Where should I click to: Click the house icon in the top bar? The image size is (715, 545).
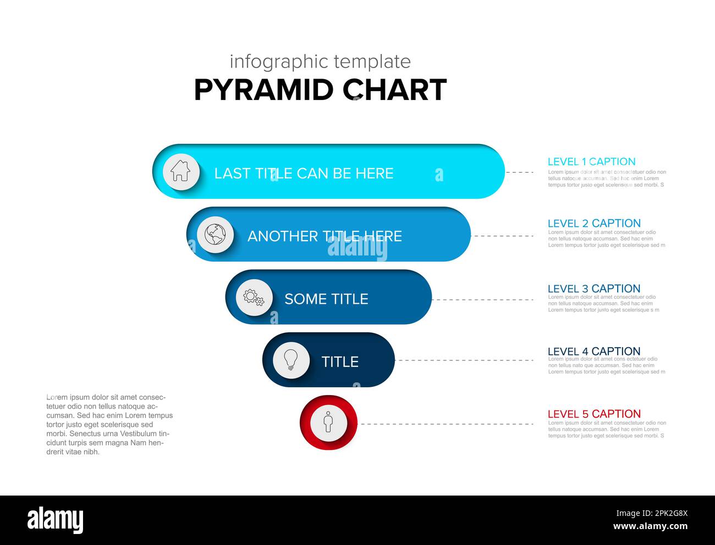(x=180, y=171)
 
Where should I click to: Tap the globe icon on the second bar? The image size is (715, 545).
(x=215, y=235)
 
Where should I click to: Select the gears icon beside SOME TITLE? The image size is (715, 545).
(x=254, y=298)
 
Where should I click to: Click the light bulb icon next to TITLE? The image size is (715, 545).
(x=291, y=360)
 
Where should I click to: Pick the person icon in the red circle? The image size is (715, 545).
(x=328, y=423)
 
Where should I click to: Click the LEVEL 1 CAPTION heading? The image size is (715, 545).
(x=591, y=162)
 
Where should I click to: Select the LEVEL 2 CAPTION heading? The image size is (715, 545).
(x=594, y=223)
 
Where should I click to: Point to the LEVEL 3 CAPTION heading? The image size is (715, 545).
(x=594, y=288)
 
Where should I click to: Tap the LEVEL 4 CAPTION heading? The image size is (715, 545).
(x=594, y=351)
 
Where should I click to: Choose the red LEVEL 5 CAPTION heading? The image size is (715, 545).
(x=594, y=414)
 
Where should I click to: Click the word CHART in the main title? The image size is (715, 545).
(x=394, y=90)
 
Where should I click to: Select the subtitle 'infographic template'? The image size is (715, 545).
(x=320, y=62)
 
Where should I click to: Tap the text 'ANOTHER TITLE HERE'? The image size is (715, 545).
(x=324, y=236)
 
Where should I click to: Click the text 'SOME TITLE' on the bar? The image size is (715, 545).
(x=326, y=299)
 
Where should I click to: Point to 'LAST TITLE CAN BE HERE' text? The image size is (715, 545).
(x=304, y=173)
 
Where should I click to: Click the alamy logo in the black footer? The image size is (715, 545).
(x=55, y=520)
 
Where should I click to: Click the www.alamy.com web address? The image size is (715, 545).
(x=650, y=527)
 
